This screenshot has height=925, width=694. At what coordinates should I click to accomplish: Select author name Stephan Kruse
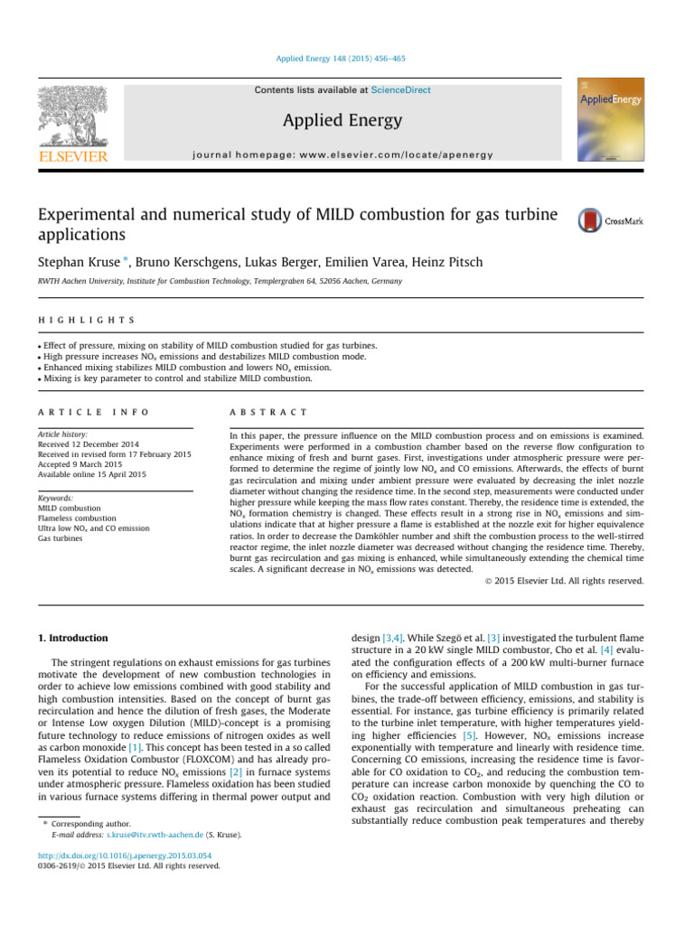pyautogui.click(x=75, y=262)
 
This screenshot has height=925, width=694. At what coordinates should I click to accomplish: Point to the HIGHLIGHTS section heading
pyautogui.click(x=86, y=320)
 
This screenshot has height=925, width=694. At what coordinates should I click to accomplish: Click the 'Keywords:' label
pyautogui.click(x=56, y=499)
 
